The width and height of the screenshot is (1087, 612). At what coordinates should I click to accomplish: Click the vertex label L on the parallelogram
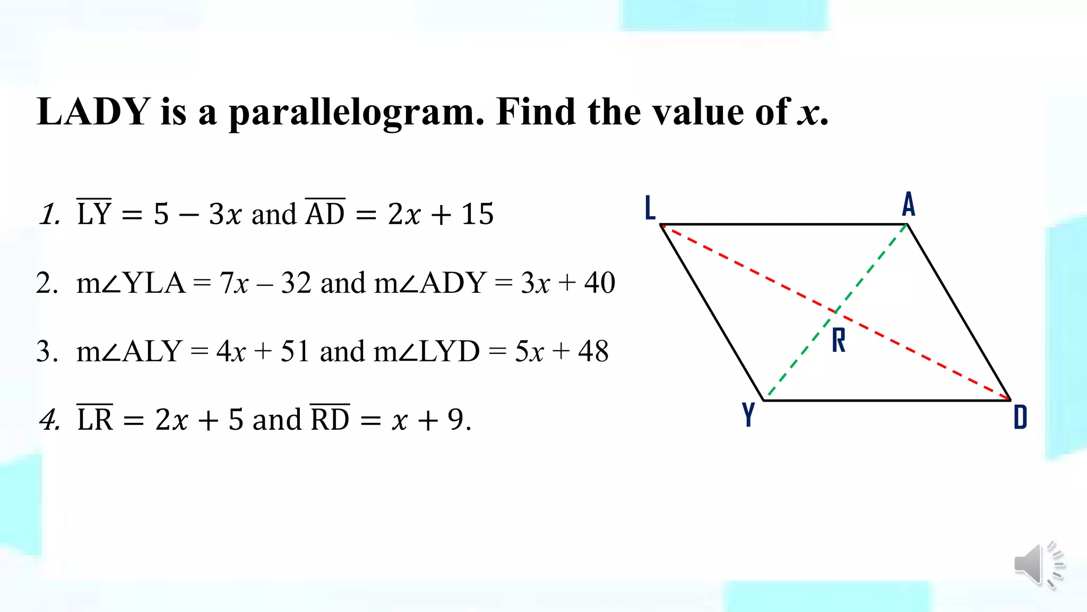[x=650, y=208]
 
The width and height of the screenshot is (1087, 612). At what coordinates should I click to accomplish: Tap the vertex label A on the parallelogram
[x=908, y=205]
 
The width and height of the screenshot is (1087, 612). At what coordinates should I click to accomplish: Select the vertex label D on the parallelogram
[x=1020, y=417]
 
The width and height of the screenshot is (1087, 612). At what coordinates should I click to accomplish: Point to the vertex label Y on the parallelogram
[x=748, y=415]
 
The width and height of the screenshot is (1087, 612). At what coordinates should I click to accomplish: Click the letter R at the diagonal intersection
[x=839, y=340]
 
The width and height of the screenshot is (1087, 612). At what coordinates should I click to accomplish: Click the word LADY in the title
[x=94, y=112]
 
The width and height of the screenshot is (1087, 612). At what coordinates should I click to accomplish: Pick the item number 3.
[x=47, y=352]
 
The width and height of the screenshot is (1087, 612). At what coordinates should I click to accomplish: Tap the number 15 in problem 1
[x=477, y=214]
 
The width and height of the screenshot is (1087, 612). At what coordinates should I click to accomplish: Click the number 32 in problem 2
[x=296, y=283]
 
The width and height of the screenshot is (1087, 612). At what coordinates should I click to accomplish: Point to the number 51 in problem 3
[x=295, y=351]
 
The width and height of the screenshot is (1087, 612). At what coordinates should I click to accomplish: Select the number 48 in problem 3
[x=593, y=351]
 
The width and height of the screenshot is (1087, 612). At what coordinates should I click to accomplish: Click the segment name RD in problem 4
[x=330, y=420]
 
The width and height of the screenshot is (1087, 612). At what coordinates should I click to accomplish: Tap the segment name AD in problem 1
[x=325, y=214]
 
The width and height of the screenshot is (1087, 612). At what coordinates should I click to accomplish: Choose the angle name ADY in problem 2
[x=453, y=283]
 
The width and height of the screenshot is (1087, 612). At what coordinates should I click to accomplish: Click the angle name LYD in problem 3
[x=450, y=351]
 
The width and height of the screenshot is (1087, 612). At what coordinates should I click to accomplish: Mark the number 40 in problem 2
[x=599, y=283]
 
